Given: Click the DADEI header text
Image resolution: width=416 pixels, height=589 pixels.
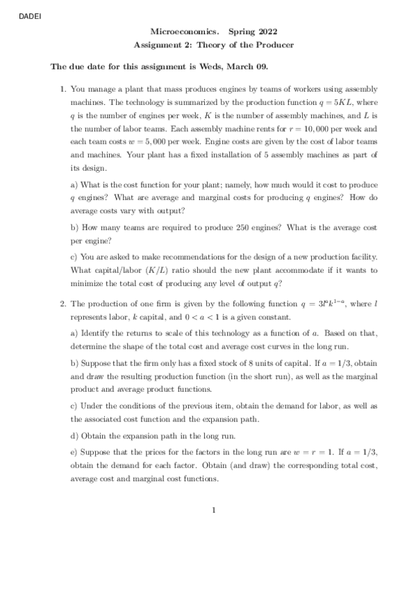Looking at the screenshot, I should coord(23,17).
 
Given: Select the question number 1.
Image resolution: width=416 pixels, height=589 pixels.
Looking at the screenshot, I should coord(63,90).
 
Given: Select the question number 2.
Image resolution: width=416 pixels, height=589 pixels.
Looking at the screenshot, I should coord(63,304).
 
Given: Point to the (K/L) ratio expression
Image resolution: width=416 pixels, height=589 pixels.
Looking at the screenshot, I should coord(176,269).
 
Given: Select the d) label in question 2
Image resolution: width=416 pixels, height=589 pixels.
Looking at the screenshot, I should coord(75,435).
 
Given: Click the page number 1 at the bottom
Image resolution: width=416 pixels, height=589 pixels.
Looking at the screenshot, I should coord(215,513).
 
